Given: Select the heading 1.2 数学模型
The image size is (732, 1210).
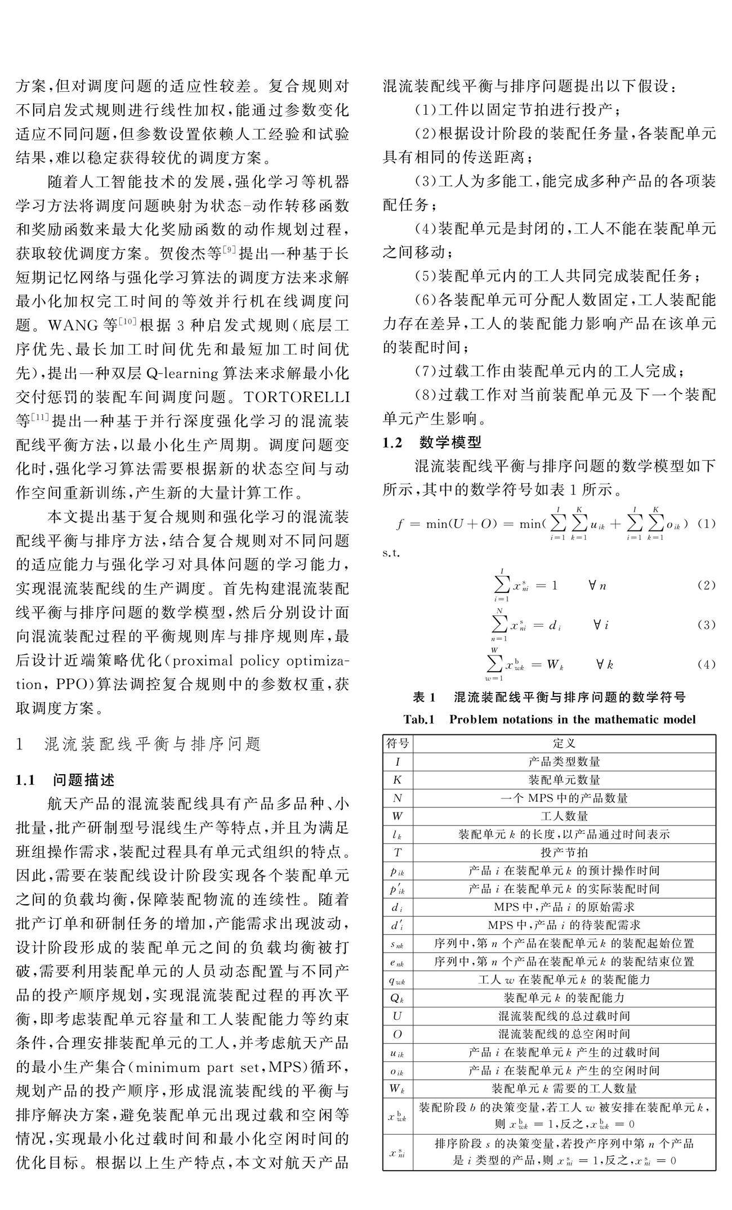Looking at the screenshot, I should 432,443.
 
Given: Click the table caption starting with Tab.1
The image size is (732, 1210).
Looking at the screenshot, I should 550,719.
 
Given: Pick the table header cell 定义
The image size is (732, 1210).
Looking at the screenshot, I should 564,744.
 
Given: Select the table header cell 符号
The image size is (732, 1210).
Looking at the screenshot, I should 398,744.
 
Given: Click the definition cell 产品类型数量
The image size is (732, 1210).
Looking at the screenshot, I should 564,762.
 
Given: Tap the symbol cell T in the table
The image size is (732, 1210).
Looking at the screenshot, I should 398,852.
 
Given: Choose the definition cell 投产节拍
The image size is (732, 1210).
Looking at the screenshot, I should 564,852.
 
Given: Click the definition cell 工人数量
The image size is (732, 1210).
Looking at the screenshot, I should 564,816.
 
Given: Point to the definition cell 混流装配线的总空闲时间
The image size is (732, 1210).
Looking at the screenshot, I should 564,1034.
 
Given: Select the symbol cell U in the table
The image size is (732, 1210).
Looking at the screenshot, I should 398,1016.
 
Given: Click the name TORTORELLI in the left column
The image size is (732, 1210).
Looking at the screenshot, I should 297,397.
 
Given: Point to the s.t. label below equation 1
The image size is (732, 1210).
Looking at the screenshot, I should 392,553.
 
